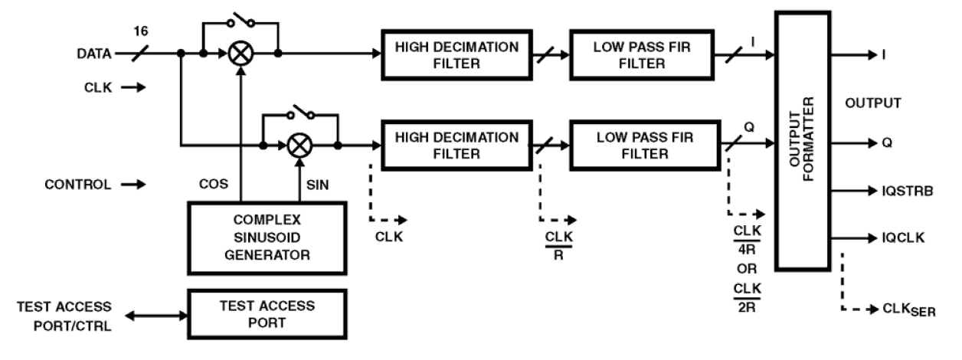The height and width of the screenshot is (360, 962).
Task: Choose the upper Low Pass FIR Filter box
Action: click(x=640, y=54)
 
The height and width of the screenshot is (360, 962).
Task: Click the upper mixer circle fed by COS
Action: click(x=240, y=54)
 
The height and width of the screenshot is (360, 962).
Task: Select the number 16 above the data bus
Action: click(x=140, y=31)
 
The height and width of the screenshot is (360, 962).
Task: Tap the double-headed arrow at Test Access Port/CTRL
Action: click(x=156, y=315)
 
